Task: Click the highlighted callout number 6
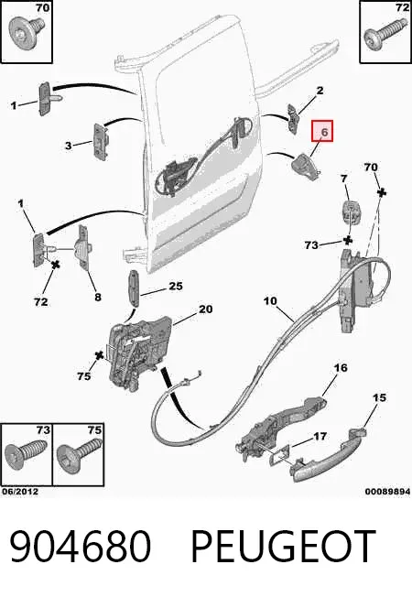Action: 324,132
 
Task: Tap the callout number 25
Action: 175,286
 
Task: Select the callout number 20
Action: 206,309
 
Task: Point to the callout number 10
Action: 270,301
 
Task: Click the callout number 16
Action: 341,368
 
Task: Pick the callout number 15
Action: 379,397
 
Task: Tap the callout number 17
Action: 320,436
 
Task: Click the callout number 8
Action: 98,297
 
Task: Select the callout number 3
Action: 68,146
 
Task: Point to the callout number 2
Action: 320,91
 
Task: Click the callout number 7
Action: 344,179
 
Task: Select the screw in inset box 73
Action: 26,454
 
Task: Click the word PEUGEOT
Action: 283,546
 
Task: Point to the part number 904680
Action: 81,546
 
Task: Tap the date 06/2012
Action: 20,492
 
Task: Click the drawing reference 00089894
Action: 387,492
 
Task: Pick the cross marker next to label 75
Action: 99,355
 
